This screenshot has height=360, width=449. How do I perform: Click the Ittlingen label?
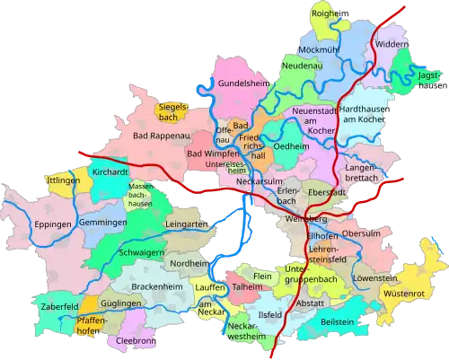[x=62, y=180]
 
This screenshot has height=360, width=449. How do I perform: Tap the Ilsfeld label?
[x=269, y=316]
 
